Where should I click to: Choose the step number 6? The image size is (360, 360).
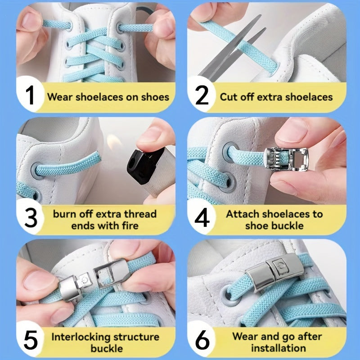coord(202,342)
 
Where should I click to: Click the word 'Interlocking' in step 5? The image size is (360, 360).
coord(79,337)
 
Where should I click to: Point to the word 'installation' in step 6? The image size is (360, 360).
coord(278,348)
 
